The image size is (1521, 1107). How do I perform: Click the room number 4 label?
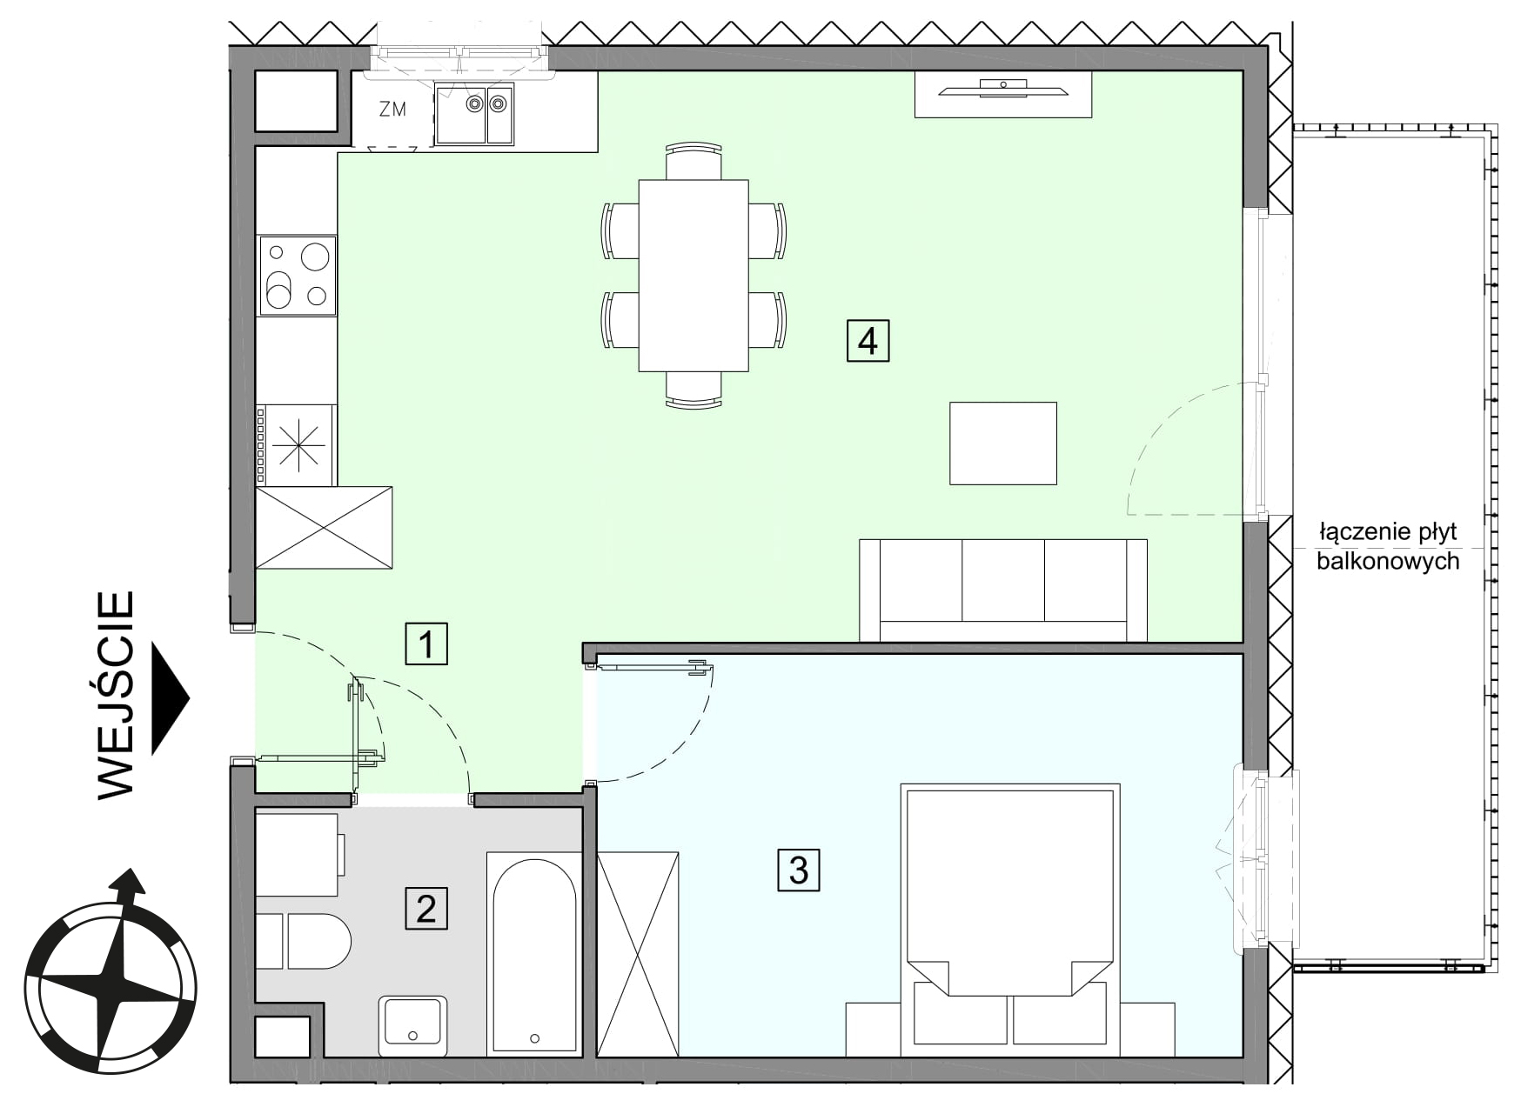pyautogui.click(x=868, y=340)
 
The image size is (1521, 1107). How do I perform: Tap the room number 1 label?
pyautogui.click(x=426, y=644)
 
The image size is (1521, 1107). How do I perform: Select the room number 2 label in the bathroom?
pyautogui.click(x=426, y=909)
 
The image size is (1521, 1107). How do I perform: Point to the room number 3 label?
pyautogui.click(x=799, y=870)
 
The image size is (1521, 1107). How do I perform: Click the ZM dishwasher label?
pyautogui.click(x=392, y=110)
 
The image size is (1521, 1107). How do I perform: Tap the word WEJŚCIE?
pyautogui.click(x=116, y=695)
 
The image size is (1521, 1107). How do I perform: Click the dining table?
pyautogui.click(x=693, y=275)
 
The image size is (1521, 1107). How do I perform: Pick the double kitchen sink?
pyautogui.click(x=474, y=114)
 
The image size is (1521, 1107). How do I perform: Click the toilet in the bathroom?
pyautogui.click(x=304, y=941)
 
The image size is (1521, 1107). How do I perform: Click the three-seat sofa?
pyautogui.click(x=1003, y=590)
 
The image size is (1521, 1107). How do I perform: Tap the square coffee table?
pyautogui.click(x=1003, y=443)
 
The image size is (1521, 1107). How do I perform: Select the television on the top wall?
pyautogui.click(x=1003, y=88)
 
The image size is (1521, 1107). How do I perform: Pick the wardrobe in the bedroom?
pyautogui.click(x=638, y=954)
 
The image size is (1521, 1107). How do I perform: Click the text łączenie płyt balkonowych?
pyautogui.click(x=1387, y=546)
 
